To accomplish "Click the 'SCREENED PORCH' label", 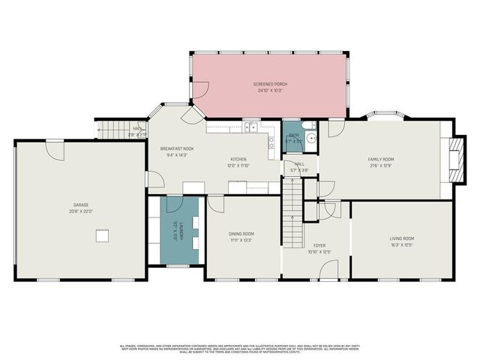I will click(x=271, y=84).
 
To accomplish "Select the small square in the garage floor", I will click(x=101, y=236).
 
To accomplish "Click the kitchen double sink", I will click(x=250, y=128).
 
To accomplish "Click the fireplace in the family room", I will click(x=451, y=160).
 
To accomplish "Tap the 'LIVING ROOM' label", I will click(x=402, y=238).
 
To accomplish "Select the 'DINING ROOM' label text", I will click(x=241, y=234).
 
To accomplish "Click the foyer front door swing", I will click(x=329, y=268).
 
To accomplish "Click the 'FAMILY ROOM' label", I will click(x=380, y=159).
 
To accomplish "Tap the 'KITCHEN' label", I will click(x=238, y=159).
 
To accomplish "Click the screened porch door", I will click(x=200, y=91).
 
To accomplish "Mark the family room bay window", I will click(x=388, y=116).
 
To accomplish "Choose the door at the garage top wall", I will click(x=55, y=149).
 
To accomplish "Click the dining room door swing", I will click(x=215, y=203).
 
